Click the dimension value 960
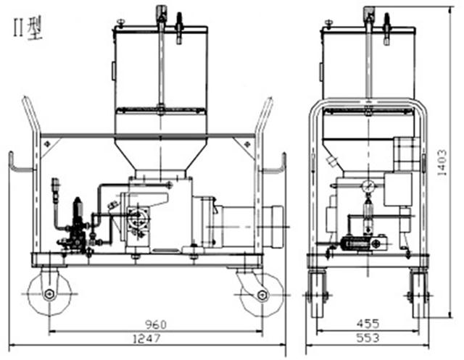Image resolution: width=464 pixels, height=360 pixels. pyautogui.click(x=156, y=325)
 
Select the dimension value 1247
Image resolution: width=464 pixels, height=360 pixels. pyautogui.click(x=146, y=338)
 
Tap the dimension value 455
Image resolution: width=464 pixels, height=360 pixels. pyautogui.click(x=368, y=324)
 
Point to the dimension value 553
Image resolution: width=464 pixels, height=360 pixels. pyautogui.click(x=368, y=338)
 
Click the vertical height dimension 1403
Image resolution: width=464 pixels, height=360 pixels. pyautogui.click(x=442, y=162)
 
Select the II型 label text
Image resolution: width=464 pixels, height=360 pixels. pyautogui.click(x=28, y=28)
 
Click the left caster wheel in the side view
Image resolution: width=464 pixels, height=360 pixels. pyautogui.click(x=49, y=294)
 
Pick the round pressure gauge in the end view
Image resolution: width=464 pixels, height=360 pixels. pyautogui.click(x=368, y=186)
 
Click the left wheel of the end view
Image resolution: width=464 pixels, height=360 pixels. pyautogui.click(x=318, y=294)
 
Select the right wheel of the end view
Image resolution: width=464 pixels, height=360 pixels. pyautogui.click(x=419, y=294)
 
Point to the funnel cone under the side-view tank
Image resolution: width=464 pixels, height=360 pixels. pyautogui.click(x=160, y=156)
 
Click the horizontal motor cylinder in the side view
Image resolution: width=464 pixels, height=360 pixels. pyautogui.click(x=251, y=227)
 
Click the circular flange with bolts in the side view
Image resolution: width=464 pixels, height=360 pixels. pyautogui.click(x=138, y=219)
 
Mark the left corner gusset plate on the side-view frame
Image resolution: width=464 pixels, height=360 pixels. pyautogui.click(x=49, y=146)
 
